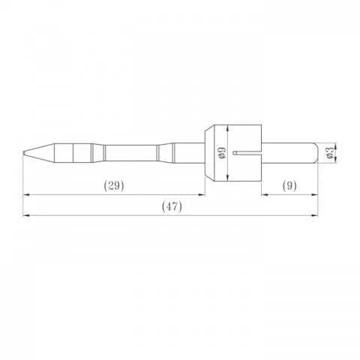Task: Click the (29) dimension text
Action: [112, 184]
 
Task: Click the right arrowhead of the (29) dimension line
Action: [203, 194]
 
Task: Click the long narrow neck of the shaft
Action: [131, 153]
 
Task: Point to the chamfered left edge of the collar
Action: [206, 153]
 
